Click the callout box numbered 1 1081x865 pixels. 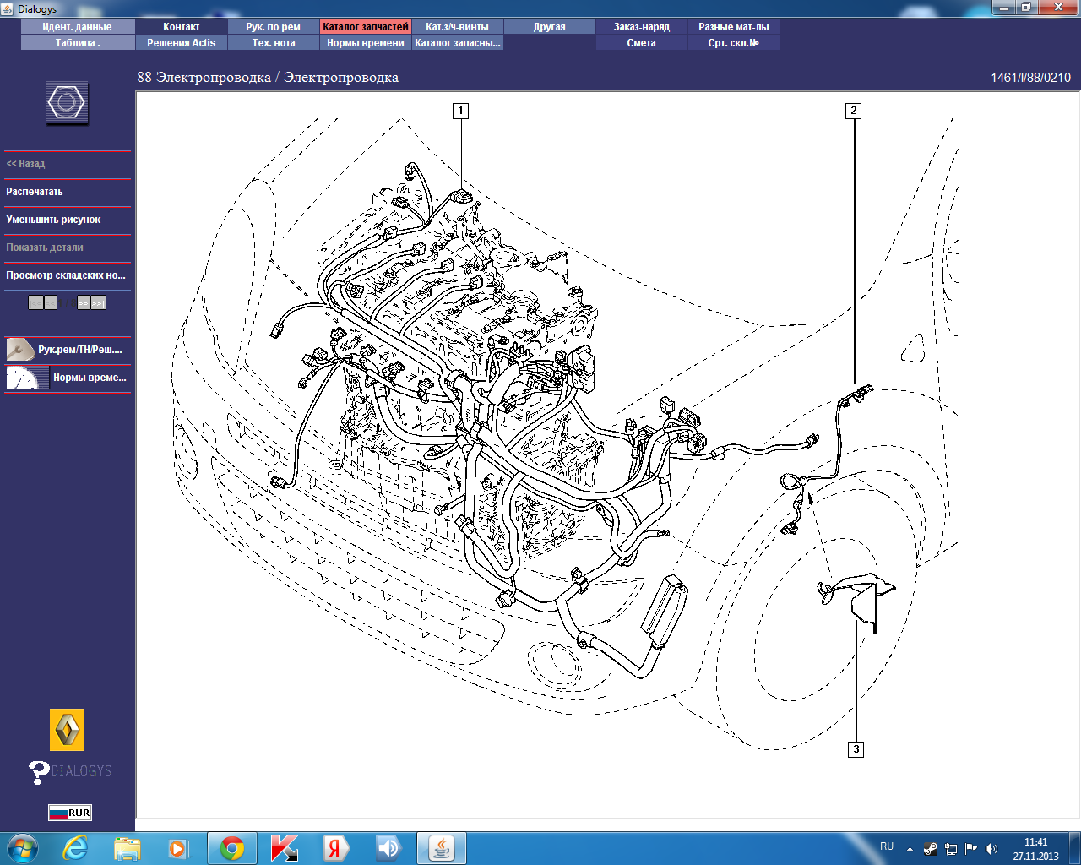tap(460, 111)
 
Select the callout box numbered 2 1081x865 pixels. tap(853, 111)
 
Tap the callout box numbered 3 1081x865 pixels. tap(856, 749)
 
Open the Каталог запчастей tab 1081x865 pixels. tap(365, 27)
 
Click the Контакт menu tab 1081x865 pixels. tap(181, 27)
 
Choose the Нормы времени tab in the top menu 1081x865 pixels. tap(365, 43)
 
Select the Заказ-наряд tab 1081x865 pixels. tap(641, 27)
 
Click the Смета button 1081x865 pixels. tap(641, 43)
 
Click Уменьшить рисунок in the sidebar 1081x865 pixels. tap(53, 220)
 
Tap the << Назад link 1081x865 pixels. tap(25, 164)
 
